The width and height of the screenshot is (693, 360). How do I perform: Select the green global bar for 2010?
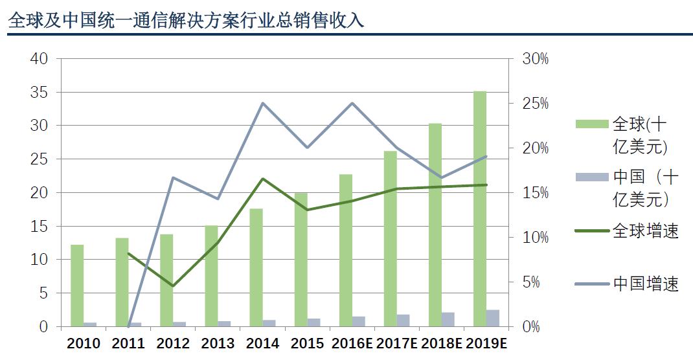click(x=77, y=286)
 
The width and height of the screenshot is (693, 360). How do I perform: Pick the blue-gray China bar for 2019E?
click(x=493, y=319)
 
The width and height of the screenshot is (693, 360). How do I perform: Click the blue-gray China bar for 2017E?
click(x=403, y=321)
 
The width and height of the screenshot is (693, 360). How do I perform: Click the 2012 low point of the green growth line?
click(x=173, y=286)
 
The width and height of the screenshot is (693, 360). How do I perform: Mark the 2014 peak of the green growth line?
click(x=262, y=179)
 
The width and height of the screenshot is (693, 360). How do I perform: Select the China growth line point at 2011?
click(x=128, y=326)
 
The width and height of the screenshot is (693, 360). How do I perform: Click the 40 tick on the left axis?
click(x=40, y=59)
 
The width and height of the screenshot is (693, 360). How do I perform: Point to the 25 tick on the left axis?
click(x=40, y=159)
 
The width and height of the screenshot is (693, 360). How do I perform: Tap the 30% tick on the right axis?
click(x=535, y=59)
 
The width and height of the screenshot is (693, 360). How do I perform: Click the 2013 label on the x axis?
click(x=218, y=343)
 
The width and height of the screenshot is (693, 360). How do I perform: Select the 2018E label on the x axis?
click(x=441, y=343)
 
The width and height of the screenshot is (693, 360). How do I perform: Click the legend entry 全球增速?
click(x=645, y=231)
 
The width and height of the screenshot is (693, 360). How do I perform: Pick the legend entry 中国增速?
click(x=645, y=283)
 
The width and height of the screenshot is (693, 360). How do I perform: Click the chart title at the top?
click(x=186, y=21)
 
